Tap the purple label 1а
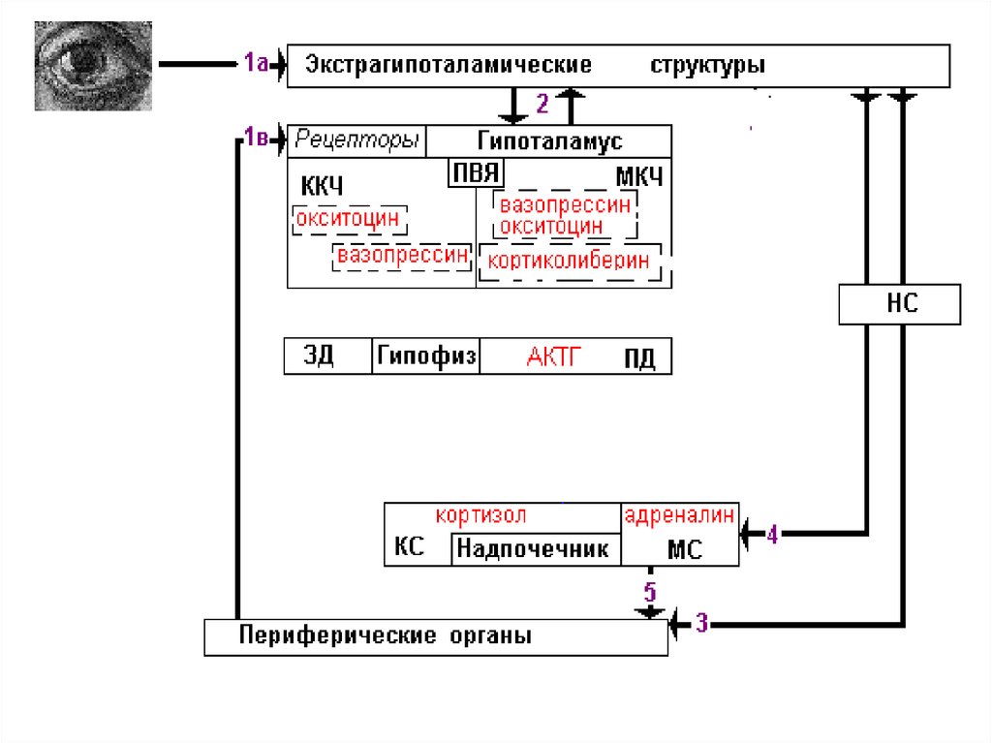coord(256,65)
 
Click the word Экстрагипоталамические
coord(449,66)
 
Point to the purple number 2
coord(542,102)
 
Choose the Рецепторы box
coord(357,139)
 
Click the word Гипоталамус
coord(549,141)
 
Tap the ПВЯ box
coord(475,173)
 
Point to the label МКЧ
coord(639,178)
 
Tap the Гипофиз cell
coord(426,356)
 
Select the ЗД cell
coord(320,356)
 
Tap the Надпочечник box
coord(533,549)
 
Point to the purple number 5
coord(649,591)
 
